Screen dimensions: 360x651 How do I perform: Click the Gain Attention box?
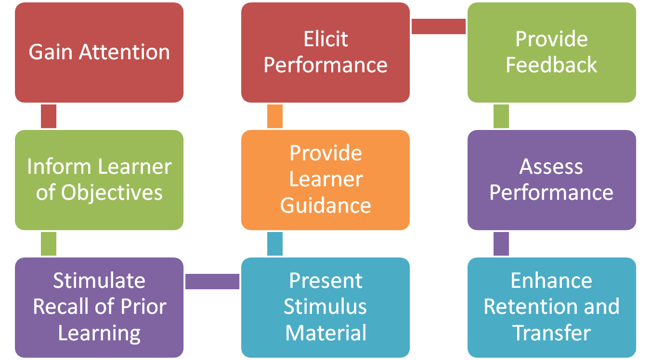99,52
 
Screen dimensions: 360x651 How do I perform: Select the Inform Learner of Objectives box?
99,180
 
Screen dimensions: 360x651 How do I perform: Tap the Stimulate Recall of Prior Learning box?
99,307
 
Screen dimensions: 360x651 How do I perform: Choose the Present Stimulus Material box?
325,307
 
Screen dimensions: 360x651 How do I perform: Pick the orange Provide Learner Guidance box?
325,180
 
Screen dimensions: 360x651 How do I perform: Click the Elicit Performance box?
325,52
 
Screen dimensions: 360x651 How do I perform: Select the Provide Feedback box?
552,52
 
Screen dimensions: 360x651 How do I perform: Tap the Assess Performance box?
552,180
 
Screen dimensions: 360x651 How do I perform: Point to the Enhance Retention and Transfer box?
552,307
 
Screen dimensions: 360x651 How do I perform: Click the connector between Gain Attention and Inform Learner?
49,116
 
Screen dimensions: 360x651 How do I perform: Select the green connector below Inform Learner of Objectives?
49,244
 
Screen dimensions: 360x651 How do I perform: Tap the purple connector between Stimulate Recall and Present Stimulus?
212,282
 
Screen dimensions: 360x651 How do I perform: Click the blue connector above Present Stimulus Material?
275,244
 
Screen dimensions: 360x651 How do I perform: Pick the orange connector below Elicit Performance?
275,116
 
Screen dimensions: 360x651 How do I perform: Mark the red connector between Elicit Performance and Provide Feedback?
439,26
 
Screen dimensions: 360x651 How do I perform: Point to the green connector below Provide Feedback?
501,116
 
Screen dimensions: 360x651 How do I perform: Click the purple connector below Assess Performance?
501,244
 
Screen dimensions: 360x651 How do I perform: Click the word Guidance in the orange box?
325,206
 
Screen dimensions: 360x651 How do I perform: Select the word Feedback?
552,65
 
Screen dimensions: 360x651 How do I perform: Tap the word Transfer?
552,333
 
